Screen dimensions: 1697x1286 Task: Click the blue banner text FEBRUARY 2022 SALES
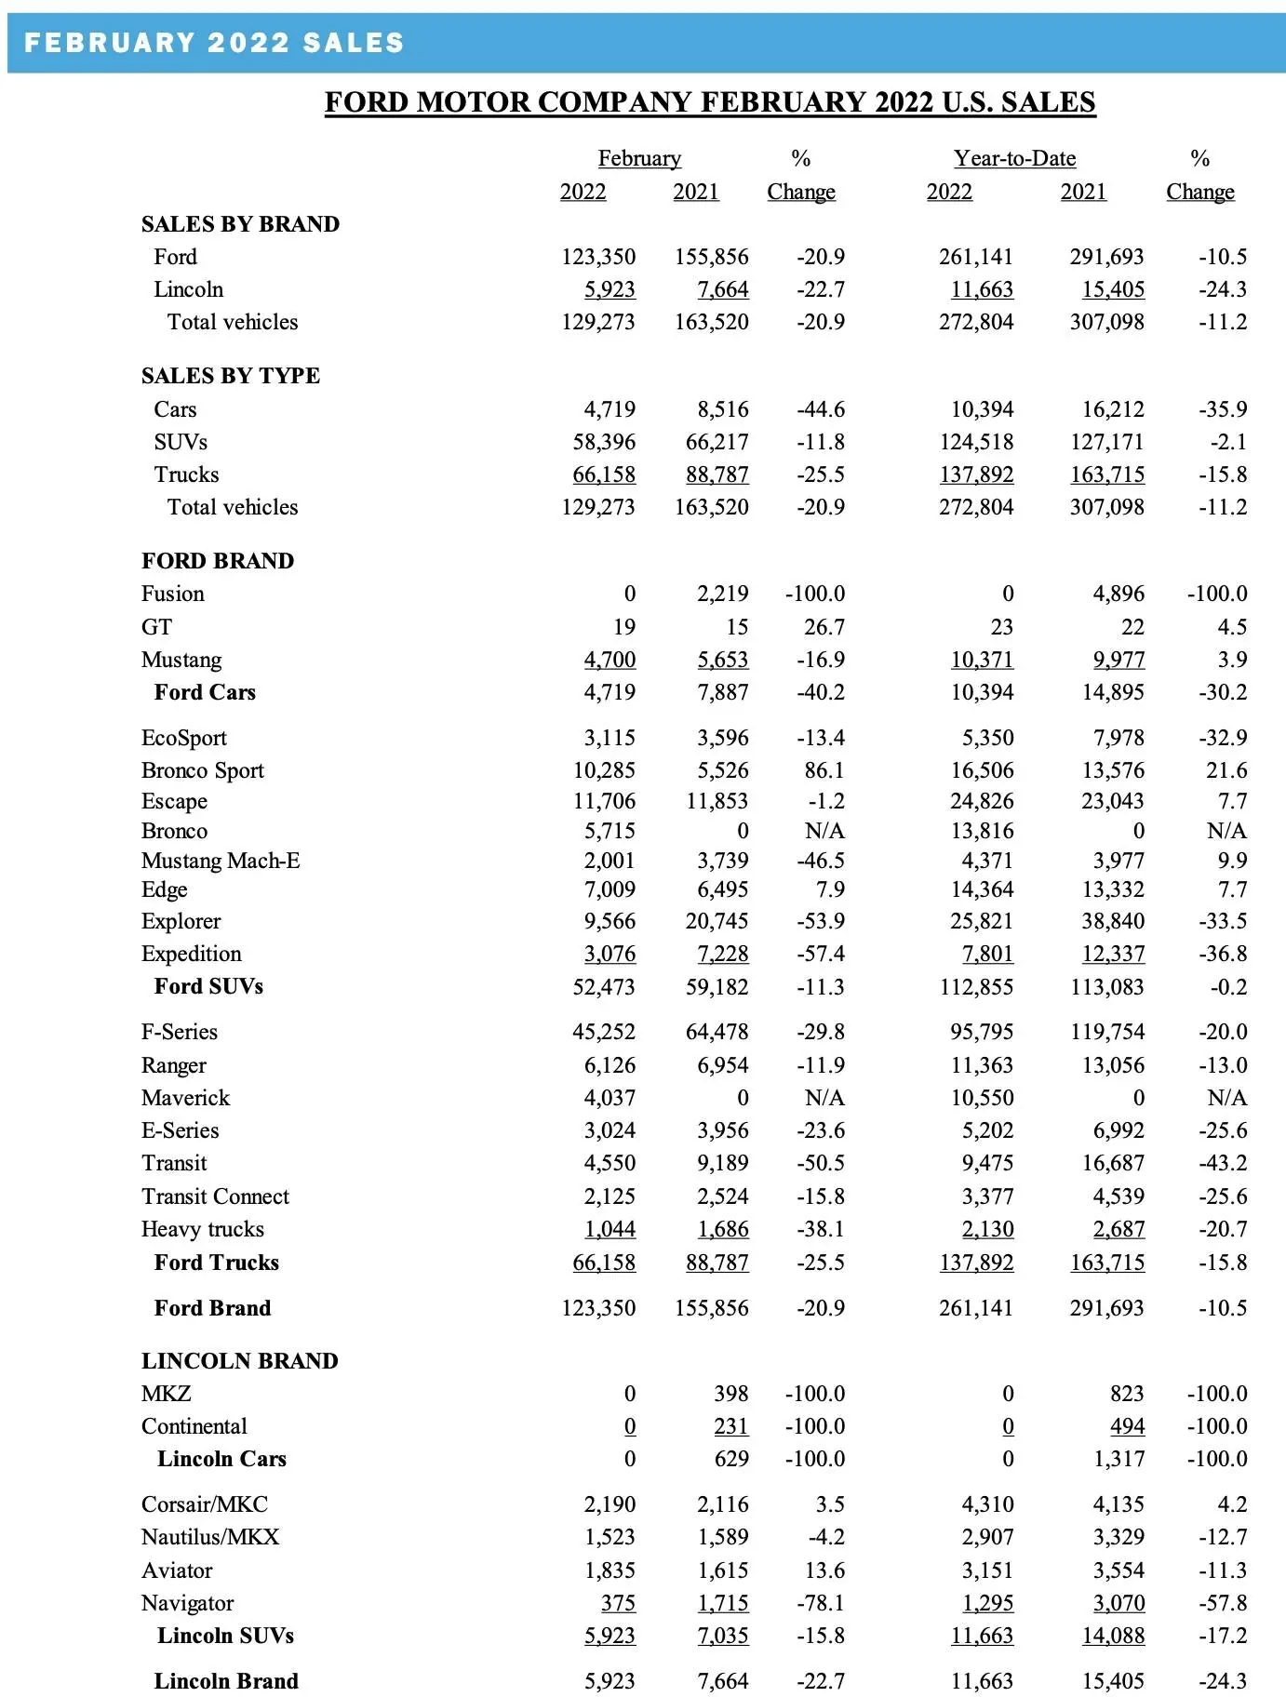pyautogui.click(x=214, y=43)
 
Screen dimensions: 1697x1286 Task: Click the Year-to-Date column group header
pyautogui.click(x=1014, y=158)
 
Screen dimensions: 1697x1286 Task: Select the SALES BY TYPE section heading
pyautogui.click(x=230, y=376)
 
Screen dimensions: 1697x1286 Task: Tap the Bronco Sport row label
pyautogui.click(x=202, y=770)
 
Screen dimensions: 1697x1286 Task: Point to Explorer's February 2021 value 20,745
pyautogui.click(x=717, y=921)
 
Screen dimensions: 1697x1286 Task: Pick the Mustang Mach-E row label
pyautogui.click(x=221, y=861)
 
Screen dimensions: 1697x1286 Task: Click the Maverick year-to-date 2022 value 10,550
pyautogui.click(x=982, y=1098)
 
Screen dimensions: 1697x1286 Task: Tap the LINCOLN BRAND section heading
pyautogui.click(x=239, y=1361)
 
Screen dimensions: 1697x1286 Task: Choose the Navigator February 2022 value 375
pyautogui.click(x=618, y=1603)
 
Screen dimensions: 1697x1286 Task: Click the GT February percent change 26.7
pyautogui.click(x=824, y=627)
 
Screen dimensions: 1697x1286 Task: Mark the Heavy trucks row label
pyautogui.click(x=202, y=1229)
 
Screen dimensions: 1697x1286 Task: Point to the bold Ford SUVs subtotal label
pyautogui.click(x=208, y=986)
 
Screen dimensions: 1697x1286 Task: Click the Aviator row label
pyautogui.click(x=177, y=1570)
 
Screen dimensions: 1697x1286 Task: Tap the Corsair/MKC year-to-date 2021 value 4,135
pyautogui.click(x=1113, y=1504)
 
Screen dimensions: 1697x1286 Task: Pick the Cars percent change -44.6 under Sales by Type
pyautogui.click(x=820, y=409)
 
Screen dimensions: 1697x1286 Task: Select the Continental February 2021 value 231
pyautogui.click(x=730, y=1426)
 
